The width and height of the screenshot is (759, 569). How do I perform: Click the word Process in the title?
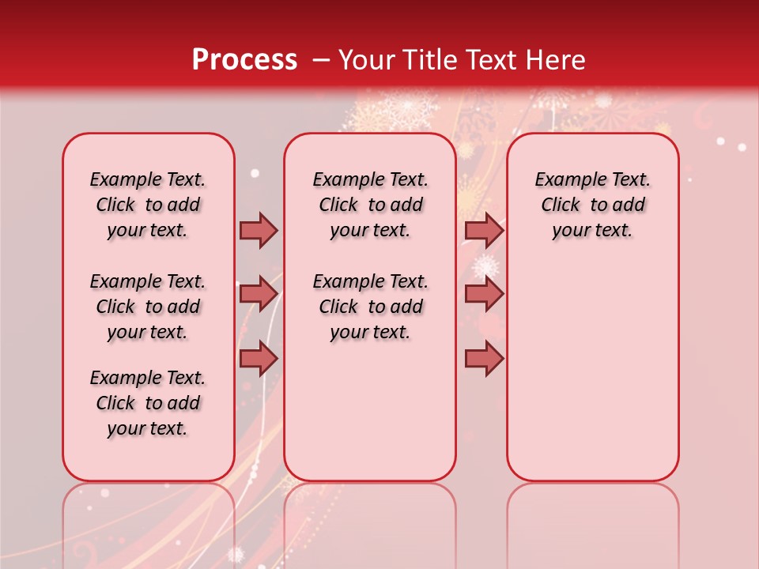tap(244, 59)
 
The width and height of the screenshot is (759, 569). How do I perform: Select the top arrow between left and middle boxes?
tap(259, 230)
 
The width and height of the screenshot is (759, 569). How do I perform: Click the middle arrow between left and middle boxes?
tap(259, 294)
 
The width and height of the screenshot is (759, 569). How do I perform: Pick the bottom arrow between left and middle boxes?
tap(259, 358)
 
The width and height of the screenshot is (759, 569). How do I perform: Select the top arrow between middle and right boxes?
tap(484, 230)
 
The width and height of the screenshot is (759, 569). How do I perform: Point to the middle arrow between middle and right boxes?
tap(484, 294)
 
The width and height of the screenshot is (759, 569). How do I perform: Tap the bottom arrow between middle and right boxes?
tap(484, 358)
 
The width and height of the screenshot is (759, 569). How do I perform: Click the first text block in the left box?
tap(148, 205)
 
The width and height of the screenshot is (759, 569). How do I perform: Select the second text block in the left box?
tap(148, 307)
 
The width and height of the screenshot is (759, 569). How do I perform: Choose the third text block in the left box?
tap(148, 403)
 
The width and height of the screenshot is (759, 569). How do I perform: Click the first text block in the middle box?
tap(370, 205)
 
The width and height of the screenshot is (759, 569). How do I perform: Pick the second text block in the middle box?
tap(370, 307)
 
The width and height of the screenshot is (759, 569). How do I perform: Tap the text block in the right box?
tap(593, 205)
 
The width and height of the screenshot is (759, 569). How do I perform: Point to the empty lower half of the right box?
tap(593, 371)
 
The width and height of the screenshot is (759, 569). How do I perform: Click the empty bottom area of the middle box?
tap(370, 419)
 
